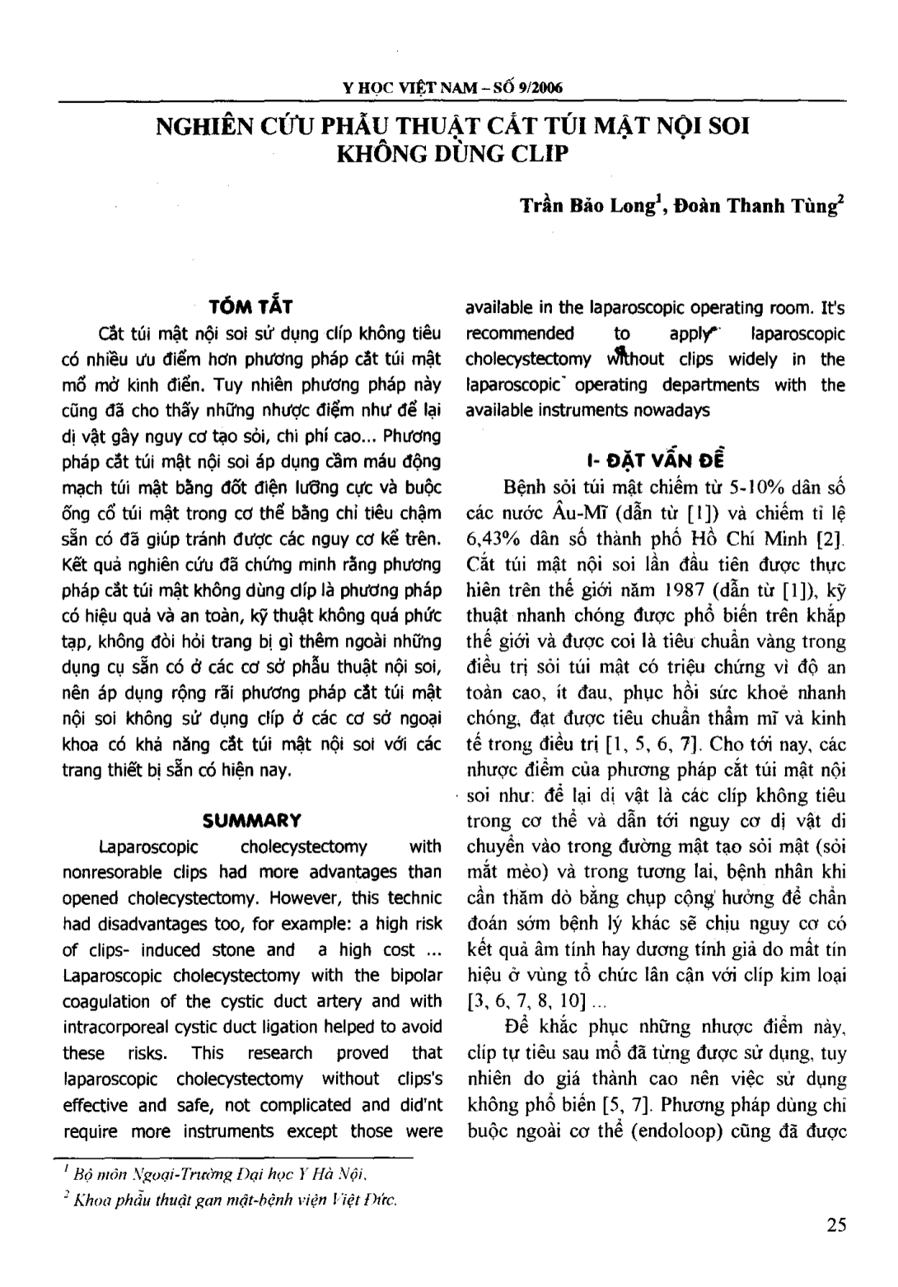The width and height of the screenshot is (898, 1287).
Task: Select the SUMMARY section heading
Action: coord(251,820)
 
